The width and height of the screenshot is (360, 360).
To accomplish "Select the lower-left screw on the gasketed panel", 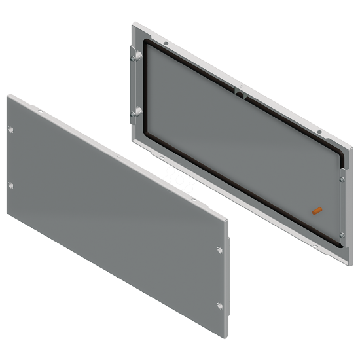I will click(x=134, y=114).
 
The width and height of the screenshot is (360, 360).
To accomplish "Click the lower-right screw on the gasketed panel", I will click(x=342, y=235).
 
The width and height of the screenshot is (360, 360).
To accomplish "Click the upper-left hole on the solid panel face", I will click(x=10, y=130).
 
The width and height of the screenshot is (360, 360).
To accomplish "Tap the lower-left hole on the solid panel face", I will click(x=10, y=185).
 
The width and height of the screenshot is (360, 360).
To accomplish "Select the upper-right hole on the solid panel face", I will click(x=219, y=249).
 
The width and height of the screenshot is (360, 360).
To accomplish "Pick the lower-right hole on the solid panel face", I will click(x=219, y=305).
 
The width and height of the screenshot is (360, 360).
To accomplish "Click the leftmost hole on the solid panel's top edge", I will click(x=39, y=112).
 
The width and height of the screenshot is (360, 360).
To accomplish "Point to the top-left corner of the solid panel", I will click(x=8, y=96).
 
